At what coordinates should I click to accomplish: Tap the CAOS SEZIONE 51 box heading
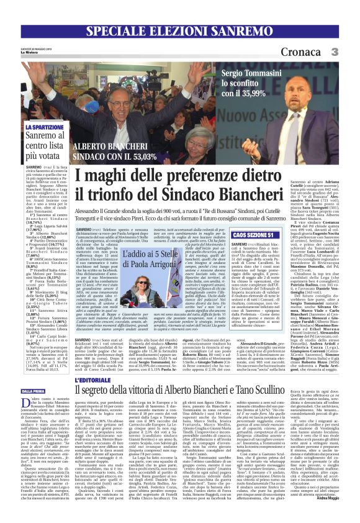(253, 236)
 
